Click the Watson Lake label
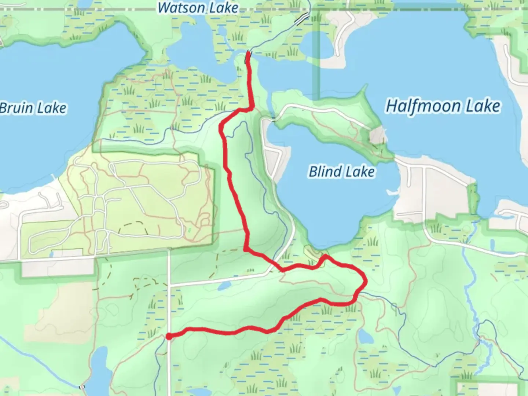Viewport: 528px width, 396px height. tap(198, 8)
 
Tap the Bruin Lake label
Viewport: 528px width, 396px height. tap(33, 108)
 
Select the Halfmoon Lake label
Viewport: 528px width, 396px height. tap(443, 106)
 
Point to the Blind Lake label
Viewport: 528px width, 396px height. tap(342, 172)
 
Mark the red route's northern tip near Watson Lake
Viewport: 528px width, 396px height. tap(248, 54)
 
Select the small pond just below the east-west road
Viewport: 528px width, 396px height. tap(224, 286)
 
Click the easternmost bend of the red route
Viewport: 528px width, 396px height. tap(365, 282)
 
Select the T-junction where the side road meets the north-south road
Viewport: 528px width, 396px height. tap(169, 285)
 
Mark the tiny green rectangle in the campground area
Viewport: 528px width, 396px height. tap(189, 231)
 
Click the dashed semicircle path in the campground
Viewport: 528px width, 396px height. tap(132, 226)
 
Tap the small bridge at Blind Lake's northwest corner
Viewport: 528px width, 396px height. tap(273, 119)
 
